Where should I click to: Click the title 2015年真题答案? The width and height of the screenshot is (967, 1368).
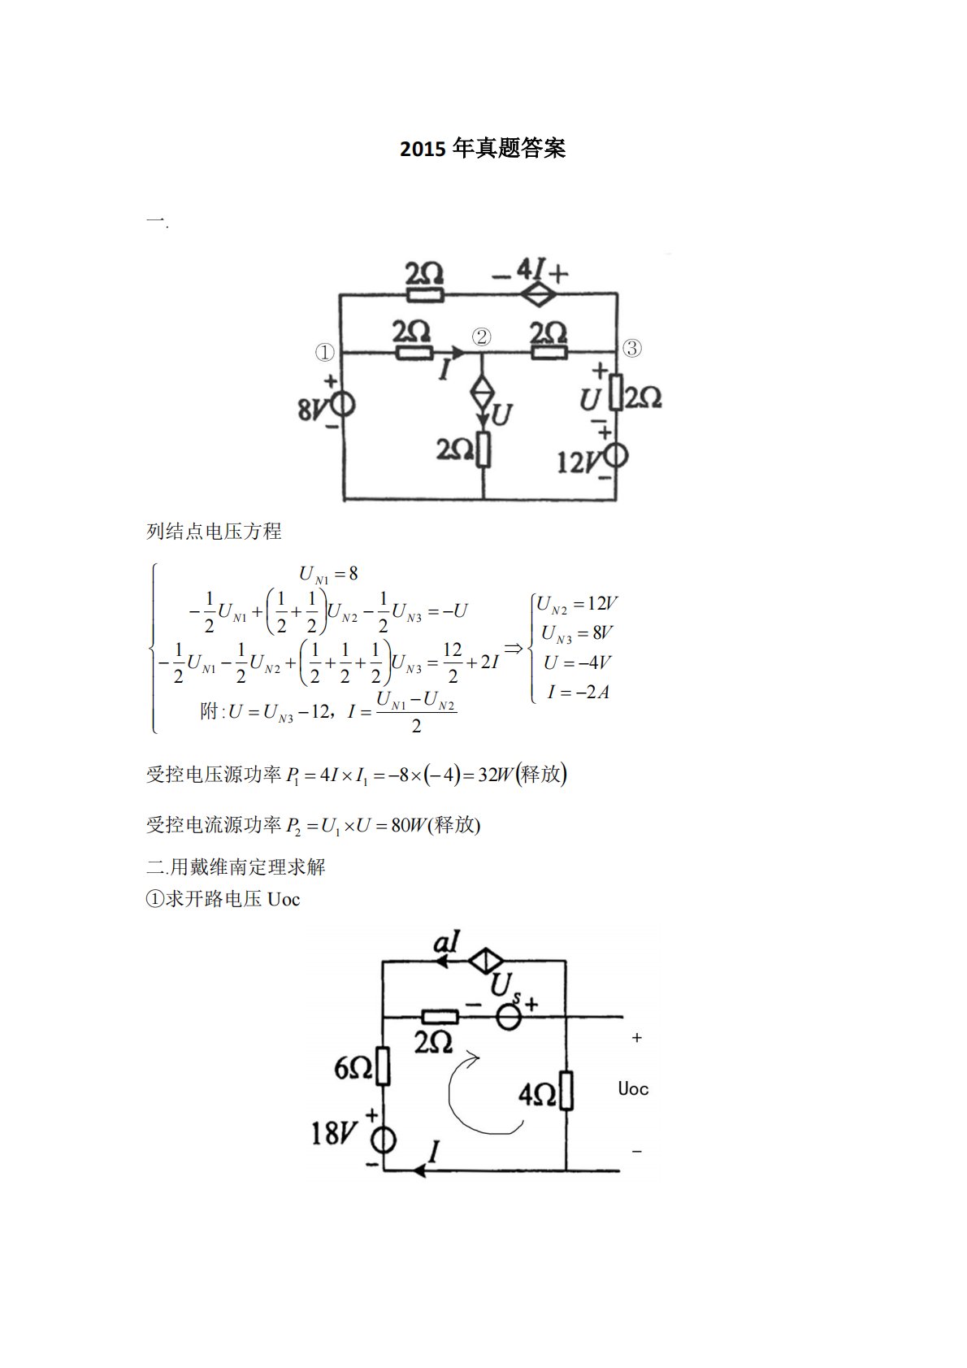pos(483,149)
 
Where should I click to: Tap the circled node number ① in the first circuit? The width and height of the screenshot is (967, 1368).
pos(324,353)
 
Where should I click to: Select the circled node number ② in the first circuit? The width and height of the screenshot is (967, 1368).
pos(482,337)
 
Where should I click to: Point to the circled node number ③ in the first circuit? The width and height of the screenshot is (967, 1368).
pos(631,349)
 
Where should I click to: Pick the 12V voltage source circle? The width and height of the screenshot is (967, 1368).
pos(616,456)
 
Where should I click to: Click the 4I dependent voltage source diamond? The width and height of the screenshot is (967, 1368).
pos(536,294)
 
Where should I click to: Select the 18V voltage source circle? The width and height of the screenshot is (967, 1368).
pos(384,1140)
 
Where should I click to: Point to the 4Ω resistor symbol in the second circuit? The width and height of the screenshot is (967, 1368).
pos(566,1091)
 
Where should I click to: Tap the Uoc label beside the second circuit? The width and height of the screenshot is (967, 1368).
pos(633,1089)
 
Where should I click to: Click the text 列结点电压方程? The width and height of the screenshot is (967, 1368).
pos(214,532)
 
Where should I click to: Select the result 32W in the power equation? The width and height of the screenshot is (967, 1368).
pos(497,775)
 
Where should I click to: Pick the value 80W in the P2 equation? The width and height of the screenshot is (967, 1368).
pos(409,826)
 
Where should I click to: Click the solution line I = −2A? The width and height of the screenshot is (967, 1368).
pos(578,693)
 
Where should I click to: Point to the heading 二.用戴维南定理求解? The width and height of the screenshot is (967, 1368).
pos(236,867)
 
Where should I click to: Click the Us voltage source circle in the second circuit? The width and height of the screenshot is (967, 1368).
pos(509,1017)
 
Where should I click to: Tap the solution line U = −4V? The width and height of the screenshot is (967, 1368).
pos(577,662)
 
